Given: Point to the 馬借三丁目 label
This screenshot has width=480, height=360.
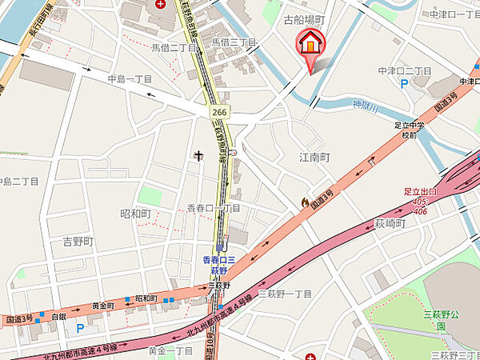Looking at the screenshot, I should click(234, 42).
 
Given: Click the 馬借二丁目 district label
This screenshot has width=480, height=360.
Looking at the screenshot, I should click(174, 47).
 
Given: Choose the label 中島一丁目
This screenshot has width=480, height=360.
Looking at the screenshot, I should click(130, 78).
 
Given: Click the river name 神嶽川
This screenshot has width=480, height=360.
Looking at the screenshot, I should click(368, 103).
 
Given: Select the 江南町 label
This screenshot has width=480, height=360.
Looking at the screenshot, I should click(314, 158).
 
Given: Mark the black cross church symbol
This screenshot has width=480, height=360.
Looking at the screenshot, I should click(198, 157).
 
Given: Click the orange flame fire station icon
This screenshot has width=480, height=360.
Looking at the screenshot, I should click(304, 203).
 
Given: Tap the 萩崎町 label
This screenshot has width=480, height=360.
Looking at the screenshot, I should click(390, 223).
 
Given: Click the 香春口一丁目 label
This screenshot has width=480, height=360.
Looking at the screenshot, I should click(214, 208).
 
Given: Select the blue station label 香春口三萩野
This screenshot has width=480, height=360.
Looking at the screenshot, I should click(217, 266).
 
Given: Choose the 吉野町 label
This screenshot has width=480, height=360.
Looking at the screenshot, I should click(78, 241).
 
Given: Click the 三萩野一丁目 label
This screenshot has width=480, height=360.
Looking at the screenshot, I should click(285, 294).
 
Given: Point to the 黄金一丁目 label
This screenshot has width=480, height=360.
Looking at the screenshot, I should click(170, 350).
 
